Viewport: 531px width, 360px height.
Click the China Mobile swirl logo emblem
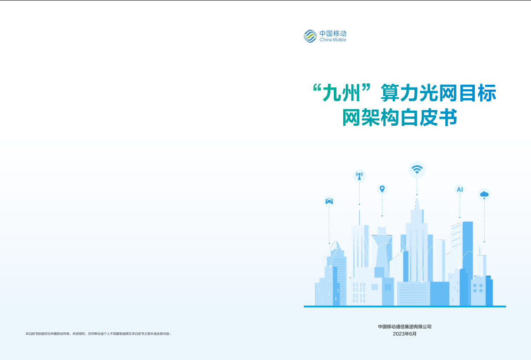(310, 36)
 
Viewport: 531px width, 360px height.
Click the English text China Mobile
(333, 40)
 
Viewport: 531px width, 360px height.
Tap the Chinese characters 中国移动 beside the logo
(333, 33)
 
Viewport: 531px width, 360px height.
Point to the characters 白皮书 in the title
(428, 117)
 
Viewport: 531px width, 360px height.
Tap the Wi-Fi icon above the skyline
(417, 170)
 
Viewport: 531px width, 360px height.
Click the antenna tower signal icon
(359, 176)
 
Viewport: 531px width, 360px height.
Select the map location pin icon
(382, 189)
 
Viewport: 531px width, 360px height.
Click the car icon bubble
(329, 201)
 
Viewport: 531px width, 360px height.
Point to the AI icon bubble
(460, 189)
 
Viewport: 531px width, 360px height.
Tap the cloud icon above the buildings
(484, 195)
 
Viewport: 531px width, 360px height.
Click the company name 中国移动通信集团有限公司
(405, 327)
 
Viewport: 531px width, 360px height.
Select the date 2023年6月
(405, 334)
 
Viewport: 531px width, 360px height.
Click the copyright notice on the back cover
(99, 334)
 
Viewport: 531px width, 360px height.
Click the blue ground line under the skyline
(405, 306)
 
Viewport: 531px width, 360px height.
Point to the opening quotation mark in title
(317, 88)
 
